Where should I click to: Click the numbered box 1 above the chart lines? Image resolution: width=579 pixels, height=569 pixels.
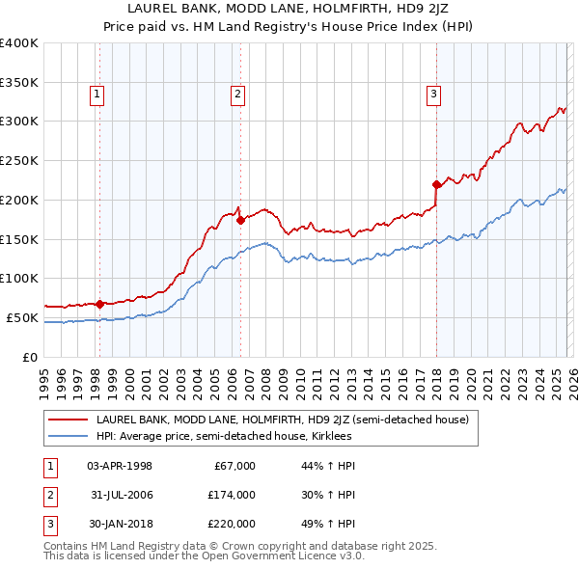[x=98, y=94]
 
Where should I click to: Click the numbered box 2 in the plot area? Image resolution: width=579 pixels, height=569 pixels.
[x=237, y=94]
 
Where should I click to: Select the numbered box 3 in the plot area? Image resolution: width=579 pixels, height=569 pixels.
[x=434, y=94]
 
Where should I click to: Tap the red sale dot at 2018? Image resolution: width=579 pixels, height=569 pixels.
[x=436, y=183]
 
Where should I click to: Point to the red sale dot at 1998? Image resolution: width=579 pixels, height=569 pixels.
[x=99, y=304]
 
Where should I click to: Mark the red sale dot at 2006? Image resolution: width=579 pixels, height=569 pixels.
[x=240, y=220]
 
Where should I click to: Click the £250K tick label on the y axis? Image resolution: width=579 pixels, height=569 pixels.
[x=19, y=160]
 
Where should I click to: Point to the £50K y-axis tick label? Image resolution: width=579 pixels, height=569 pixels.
[x=22, y=317]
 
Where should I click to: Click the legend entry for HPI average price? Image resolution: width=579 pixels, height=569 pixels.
[x=223, y=436]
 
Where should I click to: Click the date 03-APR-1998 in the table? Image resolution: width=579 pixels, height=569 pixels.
[x=120, y=466]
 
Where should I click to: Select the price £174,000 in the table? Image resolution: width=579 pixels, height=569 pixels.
[x=232, y=495]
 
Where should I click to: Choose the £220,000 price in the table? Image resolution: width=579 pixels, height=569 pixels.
[x=232, y=524]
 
